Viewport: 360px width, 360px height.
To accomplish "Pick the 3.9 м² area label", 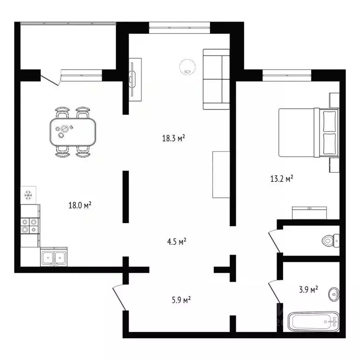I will [x=307, y=290].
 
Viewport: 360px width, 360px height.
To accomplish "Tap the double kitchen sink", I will [x=53, y=257].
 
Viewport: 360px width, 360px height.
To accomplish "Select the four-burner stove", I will [x=30, y=226].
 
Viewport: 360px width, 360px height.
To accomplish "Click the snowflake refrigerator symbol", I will [x=28, y=195].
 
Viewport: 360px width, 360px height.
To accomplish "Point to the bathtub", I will [x=313, y=322].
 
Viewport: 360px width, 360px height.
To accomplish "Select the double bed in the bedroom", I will [x=307, y=132].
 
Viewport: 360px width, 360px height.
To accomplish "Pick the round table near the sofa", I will [x=187, y=69].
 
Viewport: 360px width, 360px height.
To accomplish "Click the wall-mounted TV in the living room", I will [x=135, y=79].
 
